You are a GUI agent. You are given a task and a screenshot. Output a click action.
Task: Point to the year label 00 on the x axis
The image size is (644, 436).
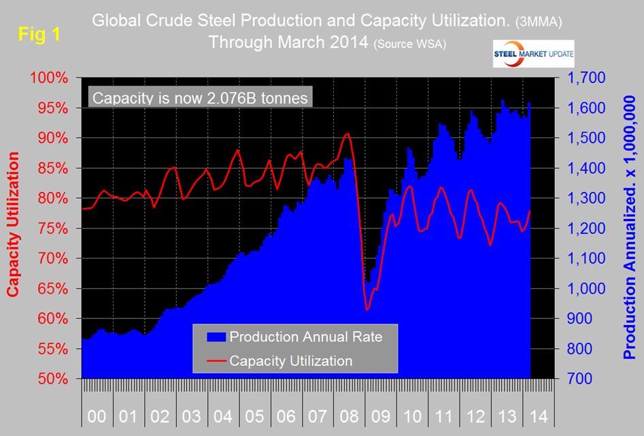(x=97, y=415)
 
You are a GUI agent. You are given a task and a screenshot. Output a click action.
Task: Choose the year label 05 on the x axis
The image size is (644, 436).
(x=254, y=415)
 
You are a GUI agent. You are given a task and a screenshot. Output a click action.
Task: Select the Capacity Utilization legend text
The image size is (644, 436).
(x=291, y=360)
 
